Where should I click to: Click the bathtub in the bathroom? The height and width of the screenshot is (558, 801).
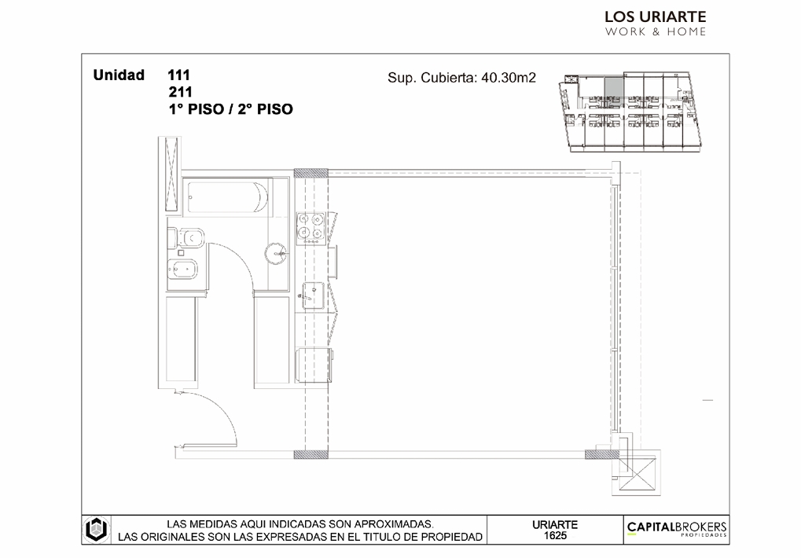click(228, 196)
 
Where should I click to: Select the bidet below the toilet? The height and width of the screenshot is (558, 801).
click(182, 269)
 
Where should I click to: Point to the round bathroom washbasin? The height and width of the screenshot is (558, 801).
click(276, 253)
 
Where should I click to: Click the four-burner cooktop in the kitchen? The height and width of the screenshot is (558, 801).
click(310, 226)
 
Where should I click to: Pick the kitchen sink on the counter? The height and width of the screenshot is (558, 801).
click(313, 296)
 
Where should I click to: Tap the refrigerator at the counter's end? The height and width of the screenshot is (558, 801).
click(313, 365)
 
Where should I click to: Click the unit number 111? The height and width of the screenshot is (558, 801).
click(178, 75)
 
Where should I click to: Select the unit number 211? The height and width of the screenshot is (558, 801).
click(180, 92)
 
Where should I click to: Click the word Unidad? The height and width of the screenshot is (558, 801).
click(119, 75)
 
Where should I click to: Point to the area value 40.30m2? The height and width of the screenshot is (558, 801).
click(509, 78)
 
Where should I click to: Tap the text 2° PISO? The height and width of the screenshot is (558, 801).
click(265, 109)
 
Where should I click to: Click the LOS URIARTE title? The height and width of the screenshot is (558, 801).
click(656, 17)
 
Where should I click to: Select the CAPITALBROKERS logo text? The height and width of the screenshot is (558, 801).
click(676, 527)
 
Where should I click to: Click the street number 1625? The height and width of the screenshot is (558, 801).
click(555, 535)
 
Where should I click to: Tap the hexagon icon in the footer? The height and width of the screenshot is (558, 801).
click(96, 530)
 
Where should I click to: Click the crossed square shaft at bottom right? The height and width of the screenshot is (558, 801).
click(637, 473)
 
